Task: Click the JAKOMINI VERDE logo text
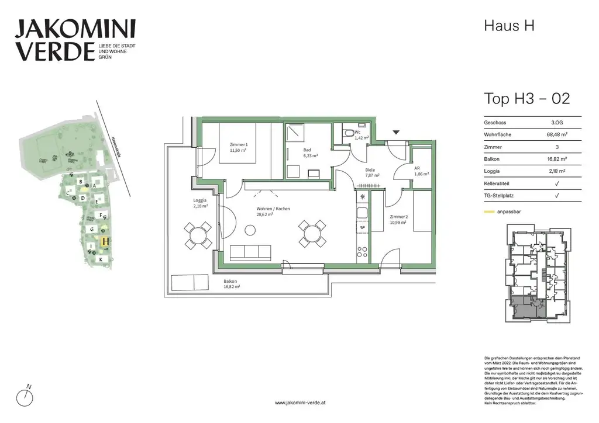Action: point(75,40)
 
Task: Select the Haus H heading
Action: point(509,26)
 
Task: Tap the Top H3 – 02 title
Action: point(526,98)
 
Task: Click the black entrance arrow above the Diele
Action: point(396,133)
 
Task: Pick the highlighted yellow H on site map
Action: point(105,240)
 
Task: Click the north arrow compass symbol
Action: point(25,397)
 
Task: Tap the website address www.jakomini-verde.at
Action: point(299,403)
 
